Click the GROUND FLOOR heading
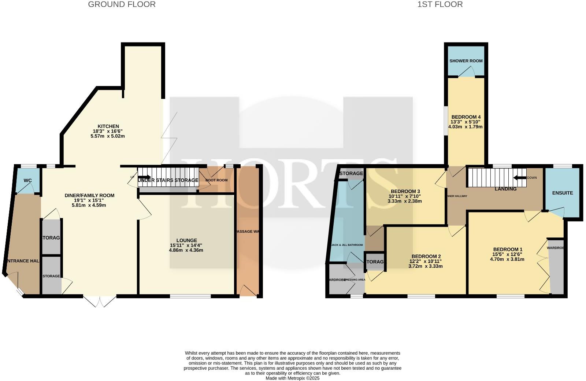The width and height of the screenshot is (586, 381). click(x=122, y=4)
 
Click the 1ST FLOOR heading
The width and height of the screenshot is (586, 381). click(x=440, y=4)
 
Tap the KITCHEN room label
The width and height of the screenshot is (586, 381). click(x=108, y=126)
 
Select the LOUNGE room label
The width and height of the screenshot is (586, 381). click(x=186, y=241)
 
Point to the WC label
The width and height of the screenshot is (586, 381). click(x=28, y=181)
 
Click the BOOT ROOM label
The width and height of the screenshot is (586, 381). click(x=216, y=180)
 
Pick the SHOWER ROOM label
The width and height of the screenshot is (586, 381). click(x=466, y=61)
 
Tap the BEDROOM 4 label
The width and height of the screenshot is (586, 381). click(x=466, y=117)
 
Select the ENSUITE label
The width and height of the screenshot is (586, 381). click(x=563, y=193)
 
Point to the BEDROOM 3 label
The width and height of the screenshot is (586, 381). click(x=405, y=192)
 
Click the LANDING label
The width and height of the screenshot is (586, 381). click(x=505, y=189)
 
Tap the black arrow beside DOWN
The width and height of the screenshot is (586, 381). click(x=520, y=178)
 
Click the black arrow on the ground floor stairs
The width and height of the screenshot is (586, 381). click(x=144, y=177)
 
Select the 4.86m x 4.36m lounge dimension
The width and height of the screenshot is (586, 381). click(x=186, y=251)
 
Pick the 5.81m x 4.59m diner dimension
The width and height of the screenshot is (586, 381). click(x=89, y=206)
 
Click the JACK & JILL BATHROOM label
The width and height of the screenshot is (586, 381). click(x=347, y=245)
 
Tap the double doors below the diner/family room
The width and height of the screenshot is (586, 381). click(x=100, y=301)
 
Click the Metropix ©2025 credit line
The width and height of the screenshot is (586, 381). click(x=292, y=378)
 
